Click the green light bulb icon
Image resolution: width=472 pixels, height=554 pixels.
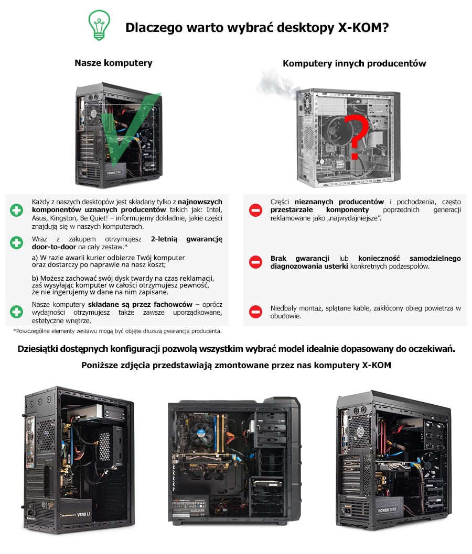(x=99, y=25)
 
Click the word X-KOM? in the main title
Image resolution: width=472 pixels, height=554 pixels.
(x=363, y=28)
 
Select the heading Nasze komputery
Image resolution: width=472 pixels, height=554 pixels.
(x=113, y=63)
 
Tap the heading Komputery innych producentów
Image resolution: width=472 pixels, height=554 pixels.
(x=354, y=63)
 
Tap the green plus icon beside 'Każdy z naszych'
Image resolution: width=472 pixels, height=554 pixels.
(x=16, y=210)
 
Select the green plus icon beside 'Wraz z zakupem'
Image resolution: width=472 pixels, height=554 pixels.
(x=16, y=243)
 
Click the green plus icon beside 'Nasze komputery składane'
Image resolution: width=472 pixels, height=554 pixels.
(x=16, y=312)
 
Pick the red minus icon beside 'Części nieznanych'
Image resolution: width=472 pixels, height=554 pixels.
(x=255, y=210)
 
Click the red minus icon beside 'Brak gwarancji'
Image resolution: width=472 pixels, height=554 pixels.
(x=255, y=262)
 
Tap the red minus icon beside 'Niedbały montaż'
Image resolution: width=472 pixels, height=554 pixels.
(x=255, y=312)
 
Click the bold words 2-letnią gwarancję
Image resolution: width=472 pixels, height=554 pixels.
(x=187, y=239)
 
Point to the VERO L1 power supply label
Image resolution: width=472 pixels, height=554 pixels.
(x=83, y=514)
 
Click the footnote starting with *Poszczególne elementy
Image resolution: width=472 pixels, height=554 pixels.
(x=117, y=331)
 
